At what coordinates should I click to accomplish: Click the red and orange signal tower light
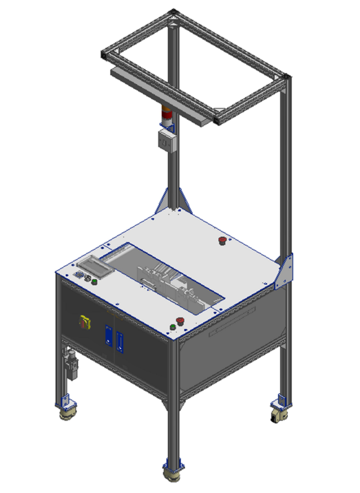coord(167,116)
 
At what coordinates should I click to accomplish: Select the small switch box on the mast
coord(166,140)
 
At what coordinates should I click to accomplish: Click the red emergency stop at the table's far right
coord(222,240)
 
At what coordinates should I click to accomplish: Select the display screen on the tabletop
coord(94,264)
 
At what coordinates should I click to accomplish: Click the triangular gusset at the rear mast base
coord(167,199)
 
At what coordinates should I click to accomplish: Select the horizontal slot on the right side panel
coord(234,326)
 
